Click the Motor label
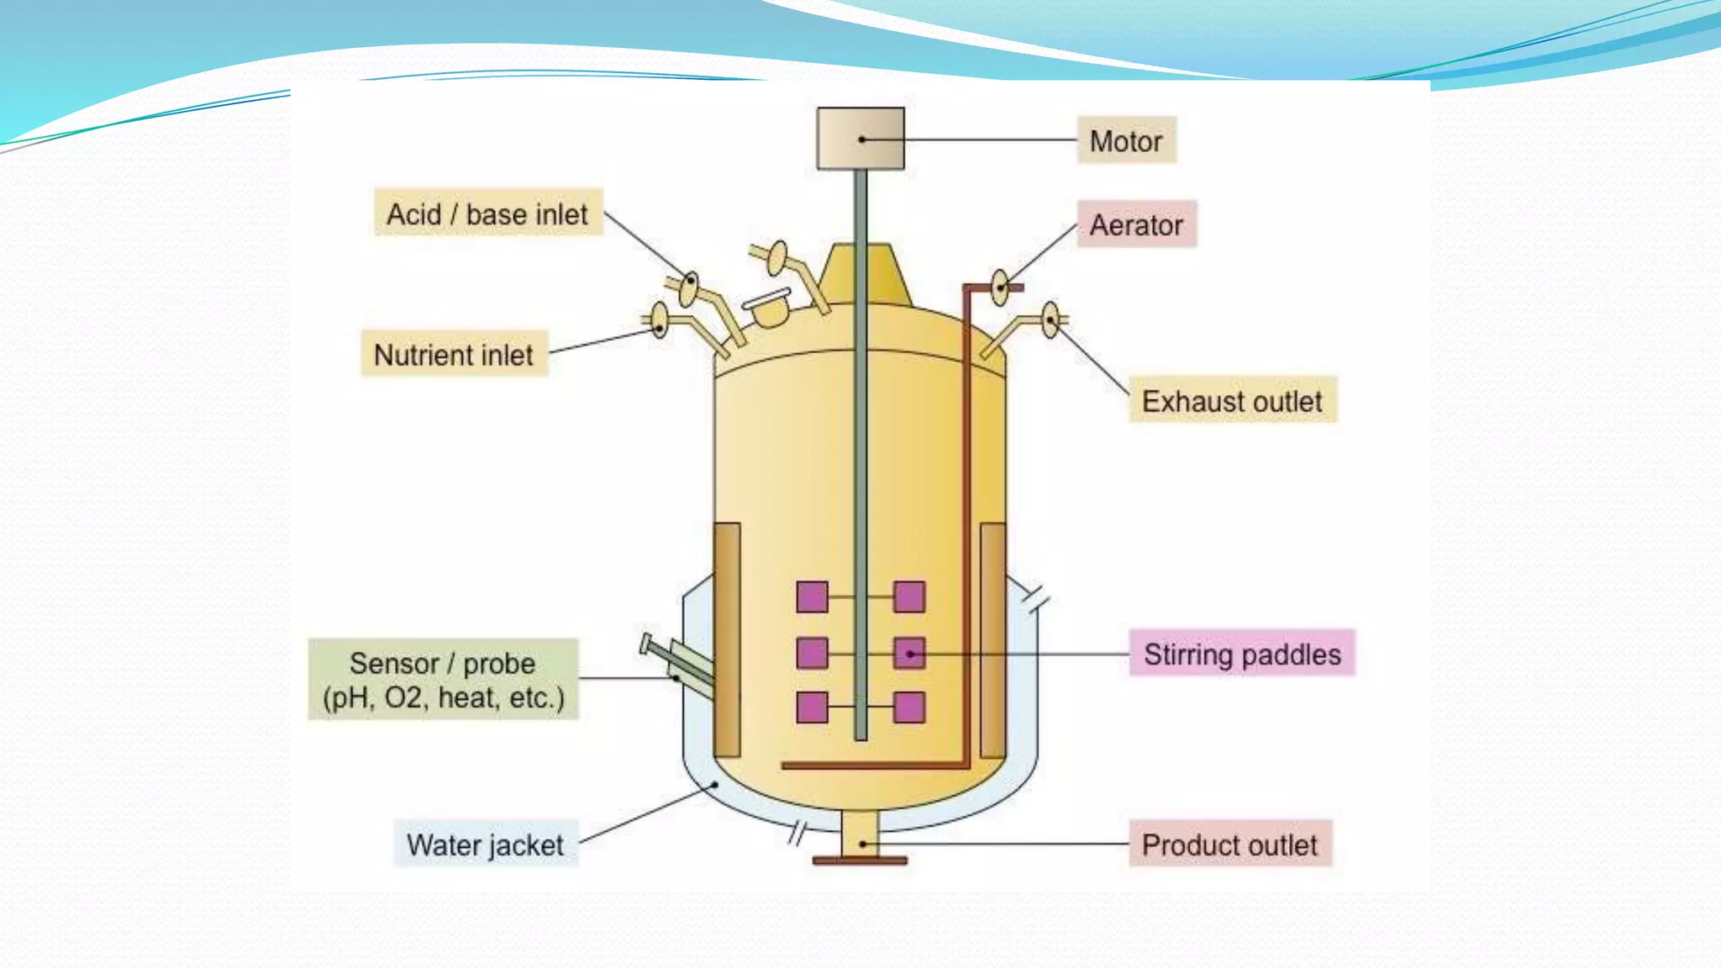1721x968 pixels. click(x=1126, y=140)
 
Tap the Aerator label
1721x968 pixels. click(x=1136, y=224)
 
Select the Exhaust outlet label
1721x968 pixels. click(x=1232, y=401)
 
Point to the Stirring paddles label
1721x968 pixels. click(x=1242, y=654)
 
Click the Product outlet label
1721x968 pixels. click(x=1229, y=844)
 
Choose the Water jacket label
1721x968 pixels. click(x=486, y=844)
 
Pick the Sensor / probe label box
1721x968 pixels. click(x=443, y=680)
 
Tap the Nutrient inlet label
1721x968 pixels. click(x=454, y=355)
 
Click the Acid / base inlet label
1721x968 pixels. click(x=487, y=213)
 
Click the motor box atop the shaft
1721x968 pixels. click(x=860, y=139)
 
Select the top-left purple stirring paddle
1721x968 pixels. click(x=812, y=597)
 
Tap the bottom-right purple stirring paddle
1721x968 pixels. click(x=909, y=708)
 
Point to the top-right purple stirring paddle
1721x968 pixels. click(x=909, y=597)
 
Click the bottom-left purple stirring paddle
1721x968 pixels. click(x=812, y=708)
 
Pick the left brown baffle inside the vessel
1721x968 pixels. click(x=727, y=639)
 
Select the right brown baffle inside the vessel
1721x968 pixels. click(x=992, y=639)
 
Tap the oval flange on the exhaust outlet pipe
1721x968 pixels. click(x=1050, y=320)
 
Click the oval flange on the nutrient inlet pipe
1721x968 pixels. click(x=660, y=320)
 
